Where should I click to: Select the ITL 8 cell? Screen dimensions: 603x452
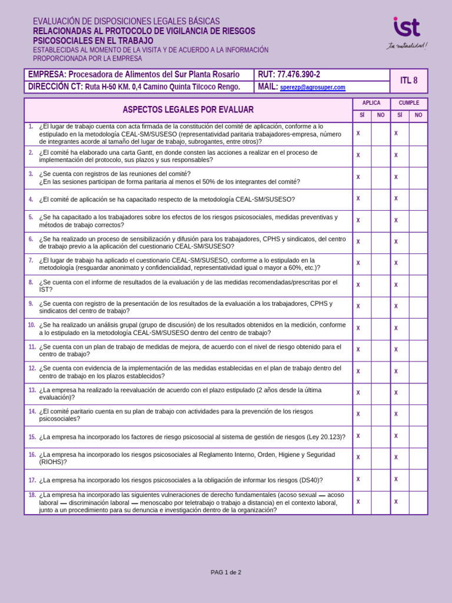408,81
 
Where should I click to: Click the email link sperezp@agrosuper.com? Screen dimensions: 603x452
313,87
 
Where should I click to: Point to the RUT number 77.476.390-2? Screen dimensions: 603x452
298,74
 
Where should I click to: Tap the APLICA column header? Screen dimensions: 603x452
371,103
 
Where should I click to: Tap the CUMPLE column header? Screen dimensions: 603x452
409,103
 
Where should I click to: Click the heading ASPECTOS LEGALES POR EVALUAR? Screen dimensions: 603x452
188,110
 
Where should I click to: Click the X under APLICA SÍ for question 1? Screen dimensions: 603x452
358,134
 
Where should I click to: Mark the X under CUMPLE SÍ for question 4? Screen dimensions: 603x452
396,198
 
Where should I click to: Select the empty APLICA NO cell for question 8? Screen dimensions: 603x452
381,285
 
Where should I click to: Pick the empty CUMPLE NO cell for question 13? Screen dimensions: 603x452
418,393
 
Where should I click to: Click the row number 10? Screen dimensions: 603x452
31,325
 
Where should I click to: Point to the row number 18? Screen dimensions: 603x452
32,495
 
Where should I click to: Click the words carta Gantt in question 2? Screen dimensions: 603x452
134,153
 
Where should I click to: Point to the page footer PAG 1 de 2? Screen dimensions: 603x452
226,572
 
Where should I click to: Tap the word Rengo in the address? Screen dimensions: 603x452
227,87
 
